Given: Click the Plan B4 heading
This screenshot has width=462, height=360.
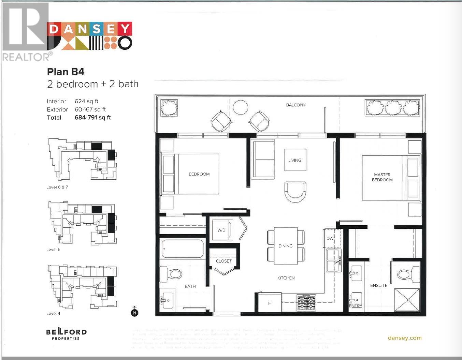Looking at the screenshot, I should pyautogui.click(x=66, y=72).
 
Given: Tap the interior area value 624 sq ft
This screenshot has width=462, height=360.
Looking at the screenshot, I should pyautogui.click(x=86, y=101).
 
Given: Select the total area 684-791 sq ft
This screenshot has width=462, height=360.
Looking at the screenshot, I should pyautogui.click(x=92, y=118).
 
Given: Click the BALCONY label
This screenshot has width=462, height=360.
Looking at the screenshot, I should pyautogui.click(x=295, y=105).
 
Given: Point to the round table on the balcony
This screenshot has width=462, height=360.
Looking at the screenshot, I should pyautogui.click(x=241, y=107).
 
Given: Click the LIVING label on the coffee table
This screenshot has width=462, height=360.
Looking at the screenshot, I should pyautogui.click(x=294, y=160).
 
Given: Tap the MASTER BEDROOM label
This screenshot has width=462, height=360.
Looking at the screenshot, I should pyautogui.click(x=382, y=177).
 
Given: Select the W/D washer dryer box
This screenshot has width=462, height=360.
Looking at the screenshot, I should pyautogui.click(x=222, y=230).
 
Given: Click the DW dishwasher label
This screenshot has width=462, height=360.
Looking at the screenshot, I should pyautogui.click(x=330, y=238).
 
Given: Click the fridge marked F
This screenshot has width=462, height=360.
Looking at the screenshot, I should pyautogui.click(x=270, y=303).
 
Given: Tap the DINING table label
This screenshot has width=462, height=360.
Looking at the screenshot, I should pyautogui.click(x=285, y=246).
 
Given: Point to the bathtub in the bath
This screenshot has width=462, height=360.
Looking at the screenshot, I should pyautogui.click(x=182, y=249).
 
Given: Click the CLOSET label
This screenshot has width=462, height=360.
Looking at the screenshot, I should pyautogui.click(x=223, y=261).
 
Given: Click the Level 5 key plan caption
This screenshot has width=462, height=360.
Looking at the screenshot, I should pyautogui.click(x=53, y=250).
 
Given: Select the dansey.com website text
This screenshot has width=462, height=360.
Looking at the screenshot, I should pyautogui.click(x=405, y=338).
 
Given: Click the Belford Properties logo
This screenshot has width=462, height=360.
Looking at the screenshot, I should pyautogui.click(x=66, y=334).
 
